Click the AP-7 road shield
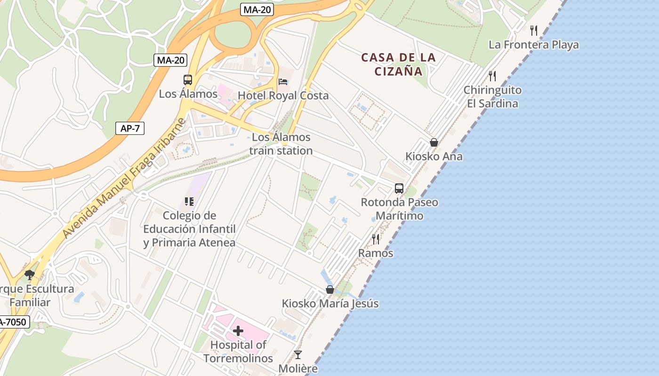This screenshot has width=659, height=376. tap(130, 128)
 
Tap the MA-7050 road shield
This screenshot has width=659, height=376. tap(13, 322)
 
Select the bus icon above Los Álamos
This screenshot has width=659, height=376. tap(188, 80)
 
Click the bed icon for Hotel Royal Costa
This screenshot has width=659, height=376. tap(283, 82)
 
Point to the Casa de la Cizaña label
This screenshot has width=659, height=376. tap(399, 64)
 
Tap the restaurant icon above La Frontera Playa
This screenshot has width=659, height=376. tap(534, 31)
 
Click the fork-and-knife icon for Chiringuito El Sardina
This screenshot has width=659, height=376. tap(492, 76)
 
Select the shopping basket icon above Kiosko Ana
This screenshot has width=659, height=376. tap(434, 142)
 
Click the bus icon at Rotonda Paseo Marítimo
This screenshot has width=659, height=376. tap(399, 188)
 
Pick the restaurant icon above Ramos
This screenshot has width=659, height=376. tap(376, 239)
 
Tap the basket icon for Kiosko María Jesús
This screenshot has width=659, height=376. tap(330, 290)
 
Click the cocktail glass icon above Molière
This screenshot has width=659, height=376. tap(298, 354)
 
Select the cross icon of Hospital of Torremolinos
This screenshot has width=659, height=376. tap(238, 331)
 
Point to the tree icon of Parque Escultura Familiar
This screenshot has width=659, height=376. tap(30, 274)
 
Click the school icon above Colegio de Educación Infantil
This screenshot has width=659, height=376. tap(189, 202)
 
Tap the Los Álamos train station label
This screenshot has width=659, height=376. tap(281, 144)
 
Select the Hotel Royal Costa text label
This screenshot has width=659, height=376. tap(283, 95)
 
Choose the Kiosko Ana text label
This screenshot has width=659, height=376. tap(434, 156)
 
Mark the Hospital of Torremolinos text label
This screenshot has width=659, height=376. tap(238, 351)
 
